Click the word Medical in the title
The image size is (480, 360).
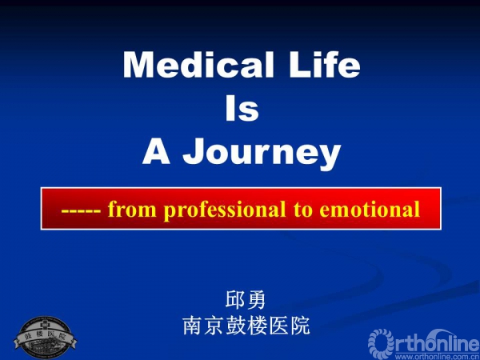click(x=198, y=65)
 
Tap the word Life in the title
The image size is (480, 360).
click(x=325, y=65)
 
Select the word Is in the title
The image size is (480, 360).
click(x=242, y=108)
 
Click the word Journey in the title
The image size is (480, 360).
click(x=262, y=154)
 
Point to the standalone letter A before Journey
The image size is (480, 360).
click(x=156, y=151)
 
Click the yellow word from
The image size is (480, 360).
click(x=132, y=209)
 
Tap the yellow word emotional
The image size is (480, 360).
click(x=370, y=209)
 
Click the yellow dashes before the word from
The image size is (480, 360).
click(x=81, y=211)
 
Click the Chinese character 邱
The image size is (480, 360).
click(x=234, y=299)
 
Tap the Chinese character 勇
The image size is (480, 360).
click(x=257, y=299)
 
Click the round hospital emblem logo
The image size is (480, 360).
click(x=45, y=337)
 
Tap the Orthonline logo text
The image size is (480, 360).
click(x=424, y=342)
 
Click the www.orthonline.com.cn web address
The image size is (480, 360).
click(x=437, y=357)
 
